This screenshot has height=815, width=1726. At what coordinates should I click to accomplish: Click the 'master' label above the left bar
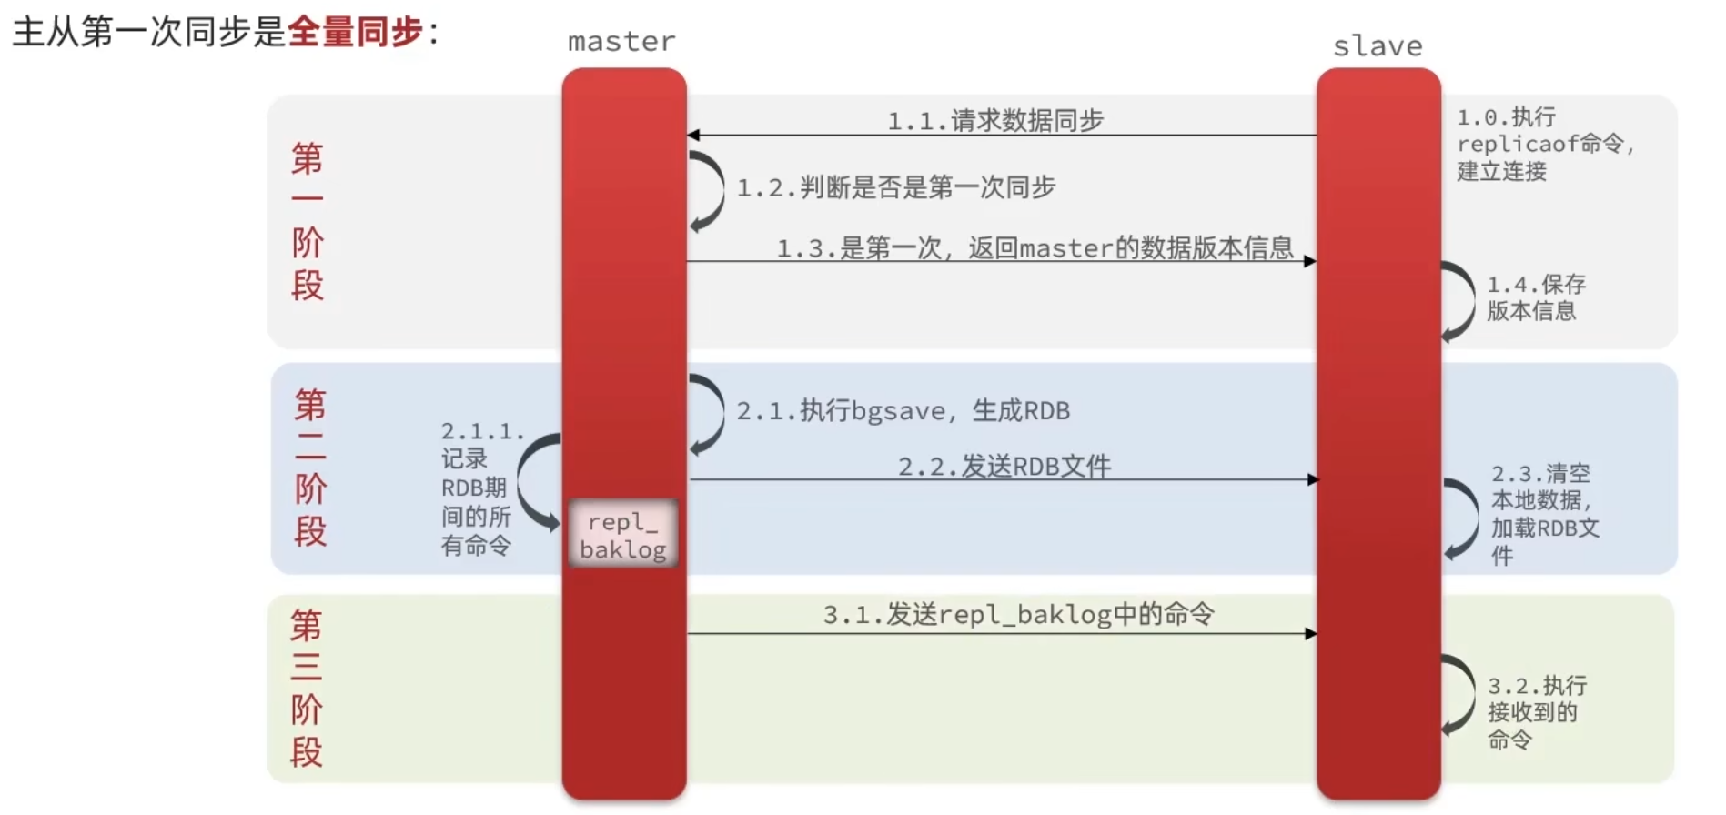pyautogui.click(x=621, y=42)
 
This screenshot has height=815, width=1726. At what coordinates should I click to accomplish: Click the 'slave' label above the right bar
pyautogui.click(x=1377, y=46)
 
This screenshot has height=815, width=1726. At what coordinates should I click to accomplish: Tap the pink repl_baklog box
pyautogui.click(x=623, y=535)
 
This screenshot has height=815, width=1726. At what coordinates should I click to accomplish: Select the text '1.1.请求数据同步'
pyautogui.click(x=995, y=120)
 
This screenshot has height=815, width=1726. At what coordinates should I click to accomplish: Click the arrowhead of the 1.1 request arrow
pyautogui.click(x=693, y=136)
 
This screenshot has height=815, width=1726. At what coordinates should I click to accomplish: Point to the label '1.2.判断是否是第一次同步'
pyautogui.click(x=895, y=187)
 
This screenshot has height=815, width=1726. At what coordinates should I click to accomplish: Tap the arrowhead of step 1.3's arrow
pyautogui.click(x=1309, y=262)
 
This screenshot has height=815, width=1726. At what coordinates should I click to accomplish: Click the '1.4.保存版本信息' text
pyautogui.click(x=1535, y=297)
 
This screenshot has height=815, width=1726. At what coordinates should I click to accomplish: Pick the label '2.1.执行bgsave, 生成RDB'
pyautogui.click(x=903, y=410)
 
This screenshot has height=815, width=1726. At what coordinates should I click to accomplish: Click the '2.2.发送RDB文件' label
pyautogui.click(x=1004, y=467)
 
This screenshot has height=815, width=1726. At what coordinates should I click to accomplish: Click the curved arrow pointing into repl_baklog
pyautogui.click(x=535, y=482)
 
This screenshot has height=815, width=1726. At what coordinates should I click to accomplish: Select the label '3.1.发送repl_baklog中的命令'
pyautogui.click(x=1018, y=615)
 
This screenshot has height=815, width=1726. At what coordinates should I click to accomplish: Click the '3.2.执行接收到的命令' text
pyautogui.click(x=1535, y=712)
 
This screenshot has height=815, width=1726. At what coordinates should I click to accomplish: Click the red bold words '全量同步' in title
pyautogui.click(x=356, y=32)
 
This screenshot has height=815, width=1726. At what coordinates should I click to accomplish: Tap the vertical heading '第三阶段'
pyautogui.click(x=307, y=689)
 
